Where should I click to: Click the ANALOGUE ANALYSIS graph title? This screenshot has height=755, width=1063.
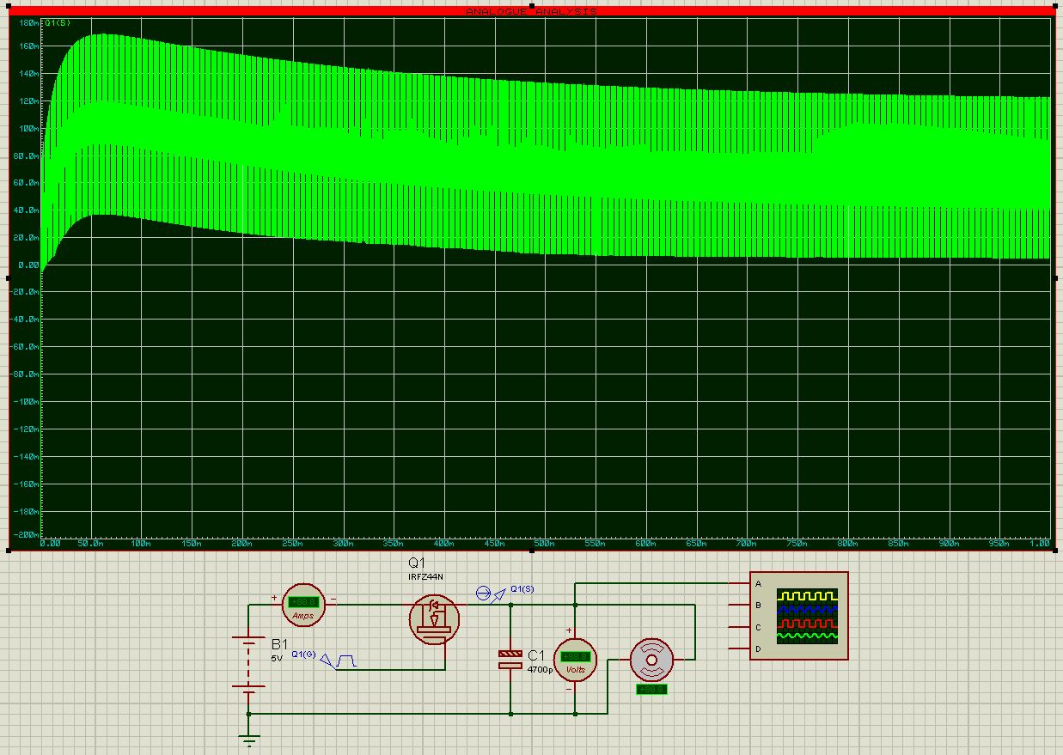click(x=531, y=11)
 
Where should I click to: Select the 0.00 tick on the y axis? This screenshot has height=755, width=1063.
click(x=29, y=265)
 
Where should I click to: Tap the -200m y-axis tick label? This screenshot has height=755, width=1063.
click(x=26, y=534)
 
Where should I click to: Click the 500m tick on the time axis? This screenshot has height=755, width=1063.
click(x=544, y=544)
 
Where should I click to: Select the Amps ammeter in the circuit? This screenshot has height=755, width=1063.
click(x=304, y=605)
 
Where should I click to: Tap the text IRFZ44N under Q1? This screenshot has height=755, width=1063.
click(x=425, y=577)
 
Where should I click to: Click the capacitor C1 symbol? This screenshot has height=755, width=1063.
click(x=510, y=660)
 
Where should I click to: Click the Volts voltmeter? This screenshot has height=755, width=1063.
click(x=574, y=660)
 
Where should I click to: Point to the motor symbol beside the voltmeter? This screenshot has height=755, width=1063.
click(x=651, y=660)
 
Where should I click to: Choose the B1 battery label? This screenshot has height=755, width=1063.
click(x=280, y=643)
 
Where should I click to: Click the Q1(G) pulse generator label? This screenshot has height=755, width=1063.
click(x=303, y=655)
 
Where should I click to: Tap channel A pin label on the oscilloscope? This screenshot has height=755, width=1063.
click(x=758, y=584)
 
